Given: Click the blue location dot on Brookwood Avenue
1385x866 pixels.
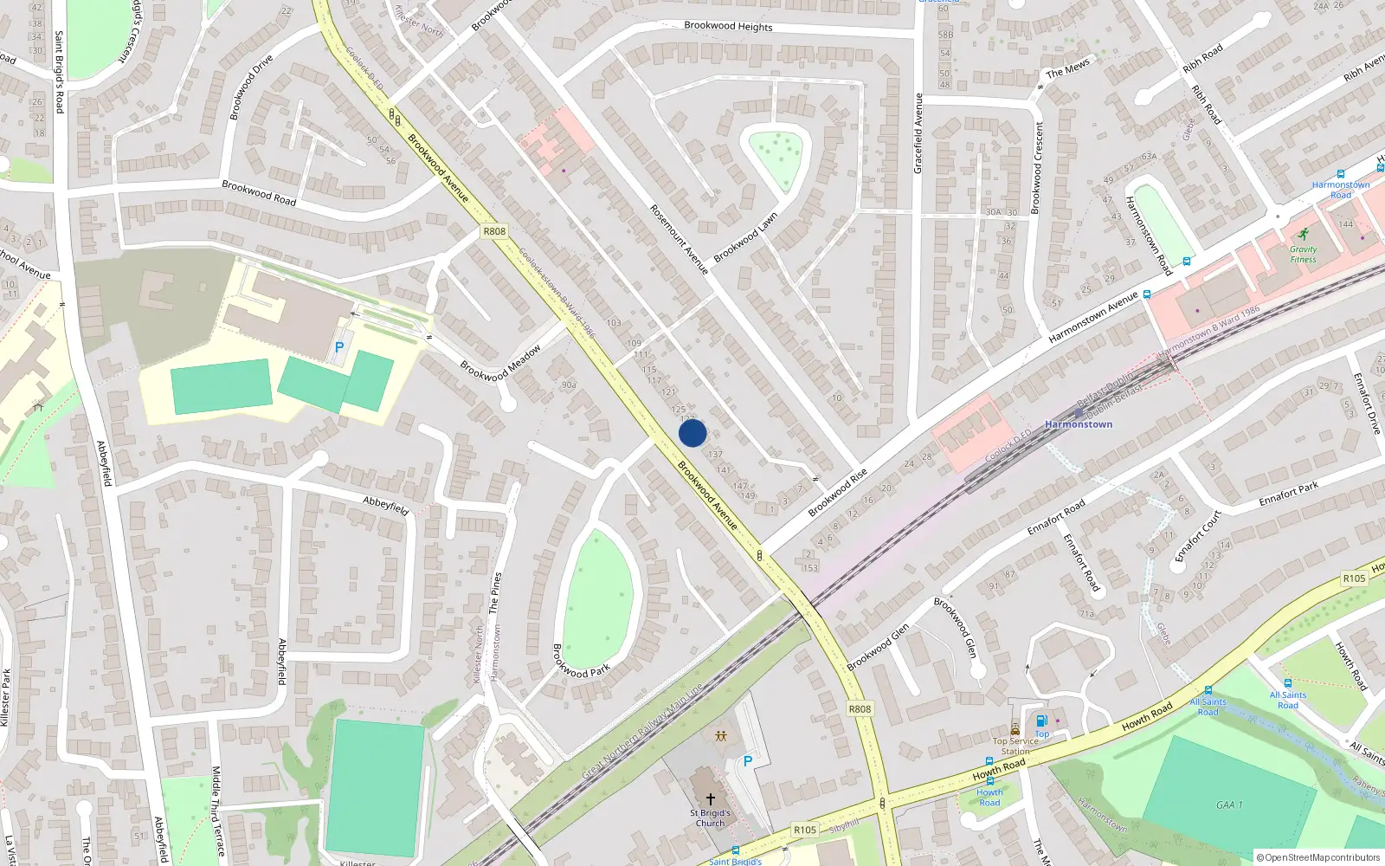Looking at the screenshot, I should point(692,433).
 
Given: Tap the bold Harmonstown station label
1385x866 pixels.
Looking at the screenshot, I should point(1079,424).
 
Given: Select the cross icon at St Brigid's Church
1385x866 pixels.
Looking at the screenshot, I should point(710,799).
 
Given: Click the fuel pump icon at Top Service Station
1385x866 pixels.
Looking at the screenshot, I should point(1042,721).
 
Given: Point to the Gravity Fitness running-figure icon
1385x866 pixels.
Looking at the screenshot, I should point(1303,234).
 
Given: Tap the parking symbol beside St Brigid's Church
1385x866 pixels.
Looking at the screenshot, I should point(748,761).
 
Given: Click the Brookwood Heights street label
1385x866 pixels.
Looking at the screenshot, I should point(728,26).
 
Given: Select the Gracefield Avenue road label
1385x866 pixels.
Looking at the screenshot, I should point(918,133).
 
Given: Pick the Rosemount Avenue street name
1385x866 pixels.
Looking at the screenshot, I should point(680,240).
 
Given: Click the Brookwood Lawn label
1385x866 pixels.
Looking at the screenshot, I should point(745,237).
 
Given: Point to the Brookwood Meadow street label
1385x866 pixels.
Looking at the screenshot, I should point(500,363).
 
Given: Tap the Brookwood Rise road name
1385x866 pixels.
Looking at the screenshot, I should point(837,493).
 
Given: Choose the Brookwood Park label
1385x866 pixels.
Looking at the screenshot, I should point(581,660).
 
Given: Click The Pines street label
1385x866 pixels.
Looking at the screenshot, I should point(495,593).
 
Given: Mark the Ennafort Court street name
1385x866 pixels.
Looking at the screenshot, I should point(1198,535).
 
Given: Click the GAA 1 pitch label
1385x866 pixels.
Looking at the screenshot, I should point(1229,805).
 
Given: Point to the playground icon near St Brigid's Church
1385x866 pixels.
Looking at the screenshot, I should point(720,736).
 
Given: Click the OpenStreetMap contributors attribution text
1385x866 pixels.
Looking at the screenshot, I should point(1318,858).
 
